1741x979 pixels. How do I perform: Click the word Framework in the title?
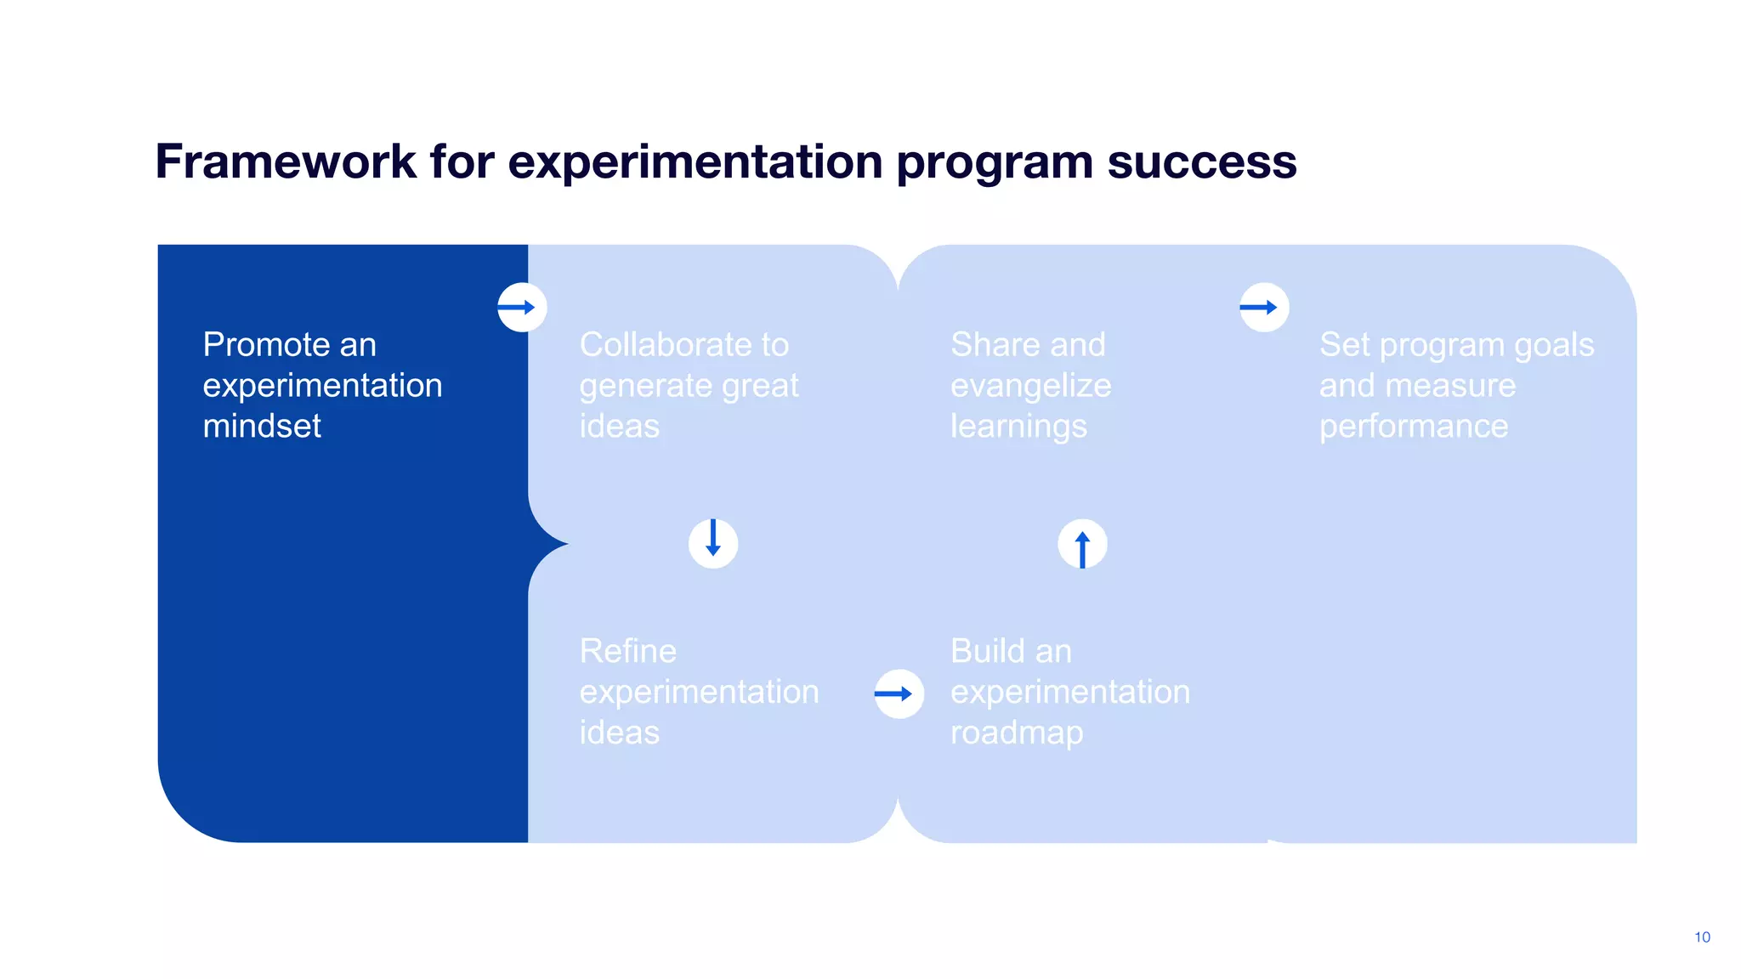pos(286,161)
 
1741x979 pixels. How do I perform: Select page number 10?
pos(1702,937)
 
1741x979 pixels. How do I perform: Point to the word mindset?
pos(262,426)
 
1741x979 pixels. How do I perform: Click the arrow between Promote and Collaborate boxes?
pos(522,308)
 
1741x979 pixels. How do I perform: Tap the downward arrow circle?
pos(713,543)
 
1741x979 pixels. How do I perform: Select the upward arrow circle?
pos(1082,544)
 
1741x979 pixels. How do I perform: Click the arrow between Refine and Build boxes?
pos(899,694)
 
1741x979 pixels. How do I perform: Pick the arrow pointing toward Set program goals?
pos(1263,308)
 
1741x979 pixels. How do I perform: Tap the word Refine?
pos(627,652)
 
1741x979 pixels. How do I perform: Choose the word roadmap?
pos(1017,733)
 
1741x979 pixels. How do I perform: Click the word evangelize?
pos(1030,386)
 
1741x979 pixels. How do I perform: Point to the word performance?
pos(1413,427)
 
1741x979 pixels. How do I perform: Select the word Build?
pos(986,652)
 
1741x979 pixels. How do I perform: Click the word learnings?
pos(1018,427)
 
